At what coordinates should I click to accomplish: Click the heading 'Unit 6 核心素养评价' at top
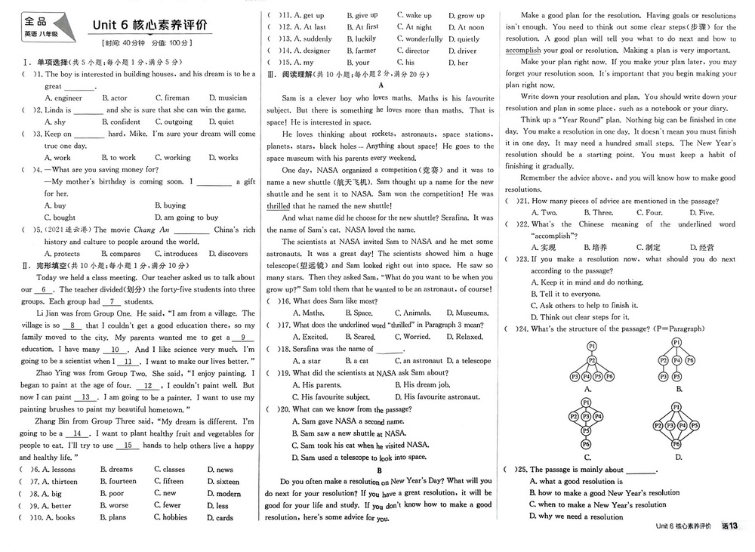[x=152, y=25]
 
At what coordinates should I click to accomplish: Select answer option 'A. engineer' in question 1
[x=63, y=98]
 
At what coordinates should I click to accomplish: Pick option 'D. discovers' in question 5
[x=228, y=254]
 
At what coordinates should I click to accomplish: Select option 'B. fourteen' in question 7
[x=118, y=481]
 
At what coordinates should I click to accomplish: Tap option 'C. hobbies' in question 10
[x=170, y=517]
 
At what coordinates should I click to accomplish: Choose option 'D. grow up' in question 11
[x=466, y=15]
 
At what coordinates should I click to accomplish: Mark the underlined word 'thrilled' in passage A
[x=278, y=206]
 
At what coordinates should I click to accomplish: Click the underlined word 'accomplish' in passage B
[x=522, y=51]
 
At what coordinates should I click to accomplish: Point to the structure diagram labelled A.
[x=587, y=362]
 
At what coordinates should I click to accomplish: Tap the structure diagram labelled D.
[x=678, y=429]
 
